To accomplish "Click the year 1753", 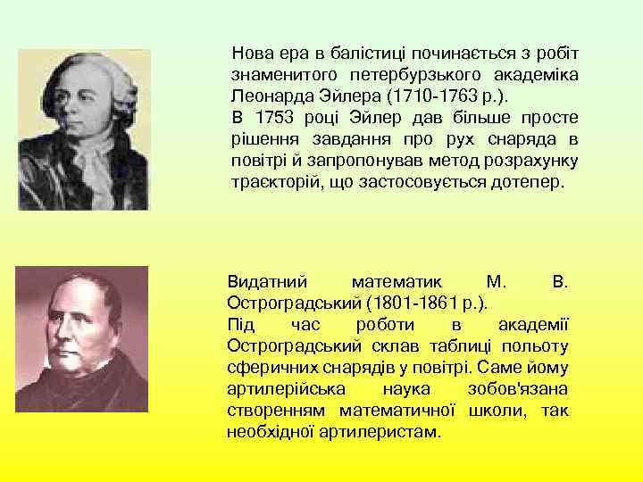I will pos(271,117).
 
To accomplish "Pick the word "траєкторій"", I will pos(273,183).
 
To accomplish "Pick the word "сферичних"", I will pos(263,367).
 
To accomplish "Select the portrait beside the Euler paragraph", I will pos(83,129).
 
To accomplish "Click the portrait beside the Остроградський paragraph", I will pos(83,339).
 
